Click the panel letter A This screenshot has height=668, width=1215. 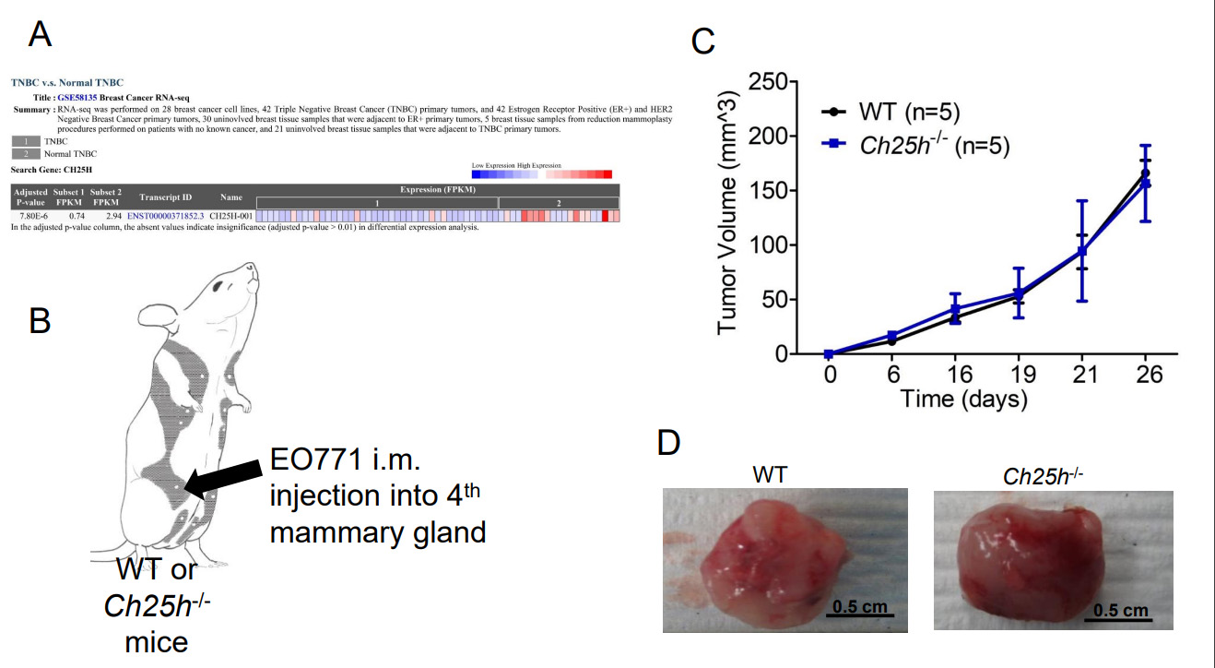(x=41, y=34)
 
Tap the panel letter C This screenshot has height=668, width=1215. (x=703, y=41)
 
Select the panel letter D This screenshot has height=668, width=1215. (x=668, y=443)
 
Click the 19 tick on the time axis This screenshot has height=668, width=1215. (x=1019, y=376)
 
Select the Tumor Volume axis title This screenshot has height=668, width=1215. (x=728, y=218)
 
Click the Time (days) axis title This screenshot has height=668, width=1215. (x=963, y=400)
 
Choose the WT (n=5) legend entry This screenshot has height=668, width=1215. (x=908, y=113)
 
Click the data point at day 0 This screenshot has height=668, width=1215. (x=829, y=354)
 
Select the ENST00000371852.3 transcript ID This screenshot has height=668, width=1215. (x=166, y=216)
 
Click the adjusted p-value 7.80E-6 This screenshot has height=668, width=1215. (x=28, y=216)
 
